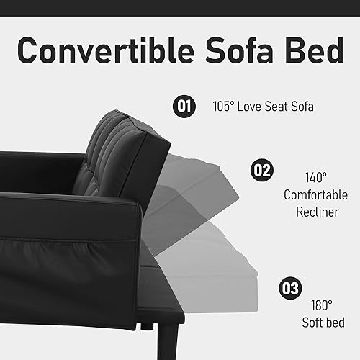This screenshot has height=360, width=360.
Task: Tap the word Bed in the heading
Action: pyautogui.click(x=310, y=51)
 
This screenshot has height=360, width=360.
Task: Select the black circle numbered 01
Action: pyautogui.click(x=184, y=107)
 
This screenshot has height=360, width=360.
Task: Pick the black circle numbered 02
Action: pyautogui.click(x=261, y=171)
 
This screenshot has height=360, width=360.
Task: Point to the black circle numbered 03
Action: pyautogui.click(x=291, y=289)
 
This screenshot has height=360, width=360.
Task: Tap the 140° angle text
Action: pyautogui.click(x=315, y=176)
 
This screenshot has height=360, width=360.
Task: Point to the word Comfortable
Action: pyautogui.click(x=315, y=194)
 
